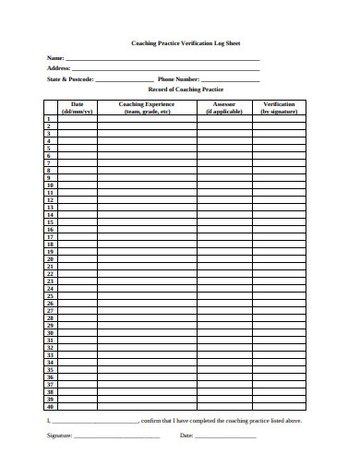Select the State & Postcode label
[x=69, y=79]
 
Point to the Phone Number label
[x=178, y=79]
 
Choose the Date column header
[x=77, y=107]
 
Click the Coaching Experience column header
[x=147, y=107]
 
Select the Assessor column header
[x=224, y=107]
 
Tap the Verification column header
[x=279, y=107]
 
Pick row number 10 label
[x=50, y=185]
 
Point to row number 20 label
[x=50, y=259]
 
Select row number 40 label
[x=50, y=406]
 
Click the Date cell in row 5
[x=77, y=149]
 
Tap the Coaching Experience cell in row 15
[x=147, y=222]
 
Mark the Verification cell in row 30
[x=279, y=332]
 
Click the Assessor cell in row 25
[x=224, y=296]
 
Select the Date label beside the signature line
[x=186, y=435]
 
